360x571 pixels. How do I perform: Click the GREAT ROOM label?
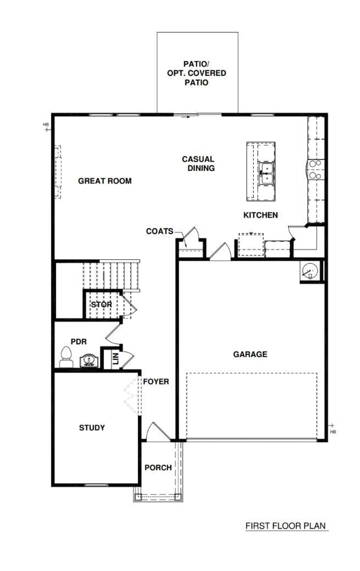(x=105, y=181)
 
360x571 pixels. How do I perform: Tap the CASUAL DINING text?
(x=198, y=164)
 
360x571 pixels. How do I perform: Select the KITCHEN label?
(x=260, y=215)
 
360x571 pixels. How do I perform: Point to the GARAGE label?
(x=250, y=354)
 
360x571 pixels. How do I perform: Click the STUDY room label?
(x=92, y=428)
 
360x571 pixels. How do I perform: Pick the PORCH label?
(x=158, y=468)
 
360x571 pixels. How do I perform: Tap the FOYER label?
(x=156, y=382)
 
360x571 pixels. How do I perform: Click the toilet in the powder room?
(x=66, y=357)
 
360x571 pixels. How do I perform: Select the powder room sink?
(x=89, y=360)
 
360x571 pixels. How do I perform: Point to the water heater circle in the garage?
(x=310, y=271)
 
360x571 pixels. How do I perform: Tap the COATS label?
(x=159, y=231)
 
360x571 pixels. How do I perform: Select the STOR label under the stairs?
(x=101, y=304)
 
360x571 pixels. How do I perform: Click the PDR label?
(x=78, y=342)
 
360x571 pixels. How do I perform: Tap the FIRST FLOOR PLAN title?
(x=285, y=526)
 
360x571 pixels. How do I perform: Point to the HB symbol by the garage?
(x=333, y=428)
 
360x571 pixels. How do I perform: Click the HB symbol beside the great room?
(x=46, y=127)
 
